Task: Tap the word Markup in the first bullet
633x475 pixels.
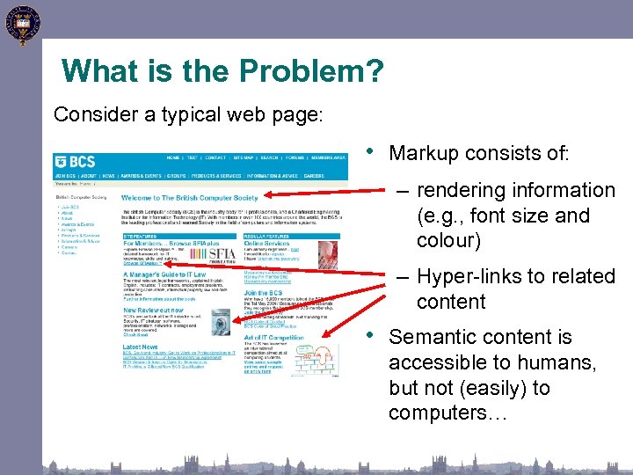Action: [425, 153]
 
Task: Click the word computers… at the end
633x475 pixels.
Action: [447, 413]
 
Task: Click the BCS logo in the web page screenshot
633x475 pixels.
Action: [75, 162]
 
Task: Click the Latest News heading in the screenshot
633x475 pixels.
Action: [141, 347]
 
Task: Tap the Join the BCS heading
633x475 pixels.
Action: [263, 293]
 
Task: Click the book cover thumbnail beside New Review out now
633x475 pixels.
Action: [220, 321]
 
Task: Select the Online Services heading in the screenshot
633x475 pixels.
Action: [267, 243]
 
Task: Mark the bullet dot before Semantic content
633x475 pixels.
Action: [376, 335]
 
